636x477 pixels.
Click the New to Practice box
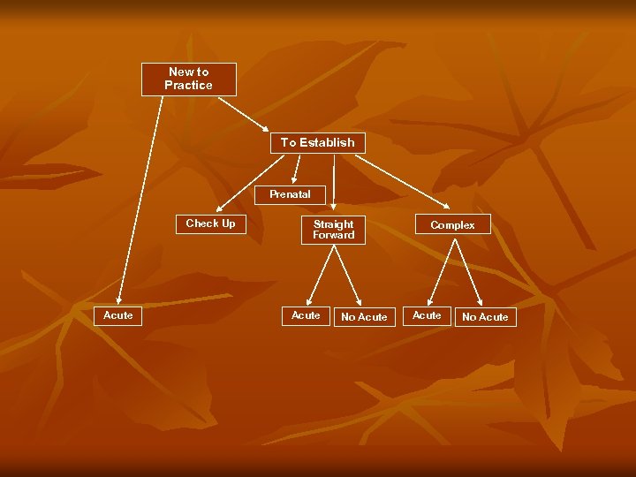click(189, 79)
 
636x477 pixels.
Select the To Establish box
click(317, 142)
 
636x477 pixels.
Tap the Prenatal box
click(290, 194)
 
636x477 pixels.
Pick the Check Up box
click(210, 224)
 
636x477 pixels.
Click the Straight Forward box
click(333, 230)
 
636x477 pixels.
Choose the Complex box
click(452, 225)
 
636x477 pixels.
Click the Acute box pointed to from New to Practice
click(117, 315)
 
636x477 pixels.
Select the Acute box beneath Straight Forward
click(306, 315)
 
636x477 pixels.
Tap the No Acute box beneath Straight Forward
click(364, 317)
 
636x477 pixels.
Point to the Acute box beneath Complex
click(427, 315)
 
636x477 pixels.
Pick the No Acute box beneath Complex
click(485, 317)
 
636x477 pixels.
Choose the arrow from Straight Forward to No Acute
click(347, 276)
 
